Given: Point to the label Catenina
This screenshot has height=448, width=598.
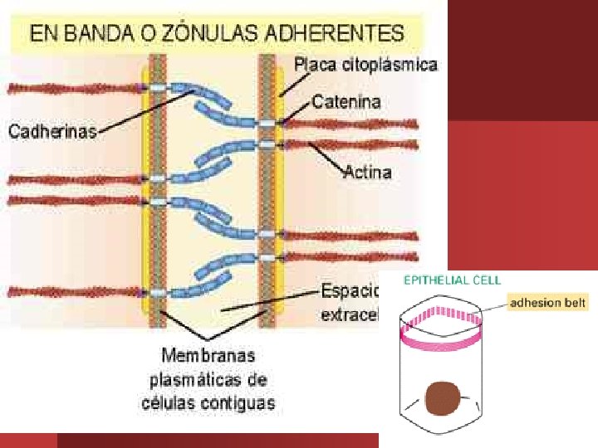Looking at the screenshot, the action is [x=346, y=103].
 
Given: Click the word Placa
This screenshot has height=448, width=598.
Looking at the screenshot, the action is [x=315, y=64].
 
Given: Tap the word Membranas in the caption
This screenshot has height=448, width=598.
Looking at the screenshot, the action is [x=209, y=356].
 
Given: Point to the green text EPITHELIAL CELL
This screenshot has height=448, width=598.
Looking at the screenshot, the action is [x=453, y=280].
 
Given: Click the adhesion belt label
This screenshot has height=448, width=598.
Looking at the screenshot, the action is [x=547, y=303].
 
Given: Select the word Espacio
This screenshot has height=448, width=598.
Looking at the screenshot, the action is [x=350, y=292].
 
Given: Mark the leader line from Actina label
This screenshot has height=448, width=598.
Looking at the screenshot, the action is [x=328, y=158].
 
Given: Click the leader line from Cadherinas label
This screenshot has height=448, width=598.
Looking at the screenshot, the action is [x=141, y=110].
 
